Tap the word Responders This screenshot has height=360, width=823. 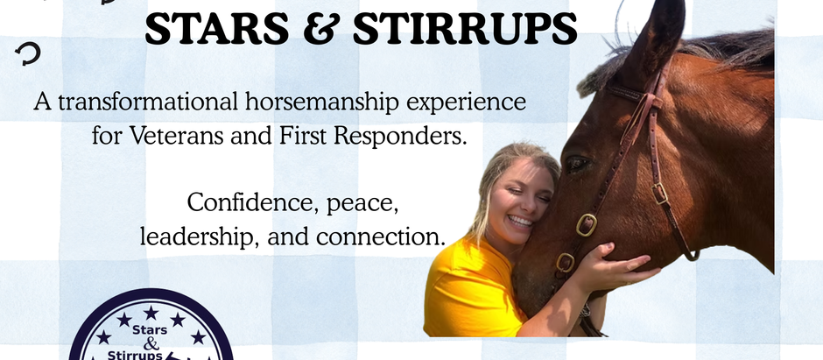[x=397, y=138]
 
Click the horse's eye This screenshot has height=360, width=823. [x=577, y=164]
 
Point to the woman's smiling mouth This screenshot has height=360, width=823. [x=520, y=221]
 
